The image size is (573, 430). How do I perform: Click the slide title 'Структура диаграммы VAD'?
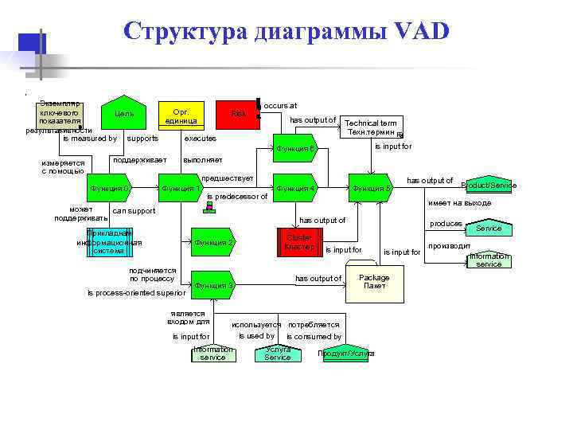point(286,31)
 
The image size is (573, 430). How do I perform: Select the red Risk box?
point(239,115)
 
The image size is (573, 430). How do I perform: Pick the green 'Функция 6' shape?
point(296,149)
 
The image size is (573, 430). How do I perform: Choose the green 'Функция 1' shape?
point(181,188)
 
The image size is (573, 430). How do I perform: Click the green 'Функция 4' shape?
point(295,188)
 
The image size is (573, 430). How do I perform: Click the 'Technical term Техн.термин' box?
point(371,127)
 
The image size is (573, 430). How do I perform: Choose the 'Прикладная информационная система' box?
point(109,242)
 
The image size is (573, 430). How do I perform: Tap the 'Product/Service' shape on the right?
point(489,185)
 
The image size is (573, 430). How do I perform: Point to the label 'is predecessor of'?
point(236,197)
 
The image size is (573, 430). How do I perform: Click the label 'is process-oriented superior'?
point(136,293)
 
